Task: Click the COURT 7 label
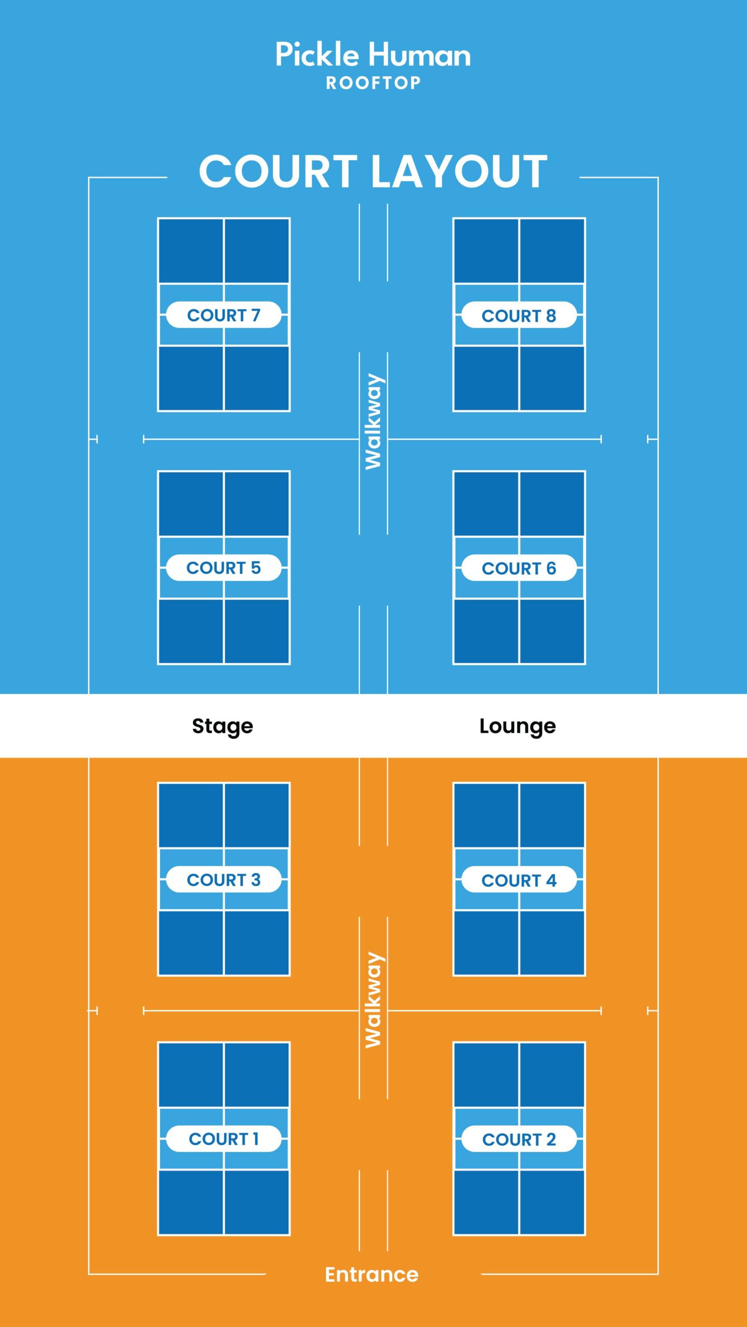click(x=224, y=315)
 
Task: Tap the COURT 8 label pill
click(x=519, y=315)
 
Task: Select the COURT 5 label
click(x=224, y=568)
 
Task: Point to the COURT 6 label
click(x=519, y=568)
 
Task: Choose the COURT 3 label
click(x=224, y=880)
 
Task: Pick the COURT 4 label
click(x=519, y=880)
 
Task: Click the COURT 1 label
click(x=224, y=1139)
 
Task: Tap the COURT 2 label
click(x=519, y=1139)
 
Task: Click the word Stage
click(x=223, y=726)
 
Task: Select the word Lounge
click(x=517, y=726)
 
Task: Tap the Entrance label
click(x=371, y=1275)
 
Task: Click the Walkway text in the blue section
click(x=374, y=421)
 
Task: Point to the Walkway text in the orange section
click(x=374, y=1000)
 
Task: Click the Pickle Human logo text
click(x=373, y=55)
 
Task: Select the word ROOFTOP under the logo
click(x=373, y=83)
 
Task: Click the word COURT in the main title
click(x=278, y=172)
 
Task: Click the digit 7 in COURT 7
click(x=255, y=315)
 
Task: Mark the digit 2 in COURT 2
click(x=551, y=1139)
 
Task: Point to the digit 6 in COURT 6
click(x=551, y=568)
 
